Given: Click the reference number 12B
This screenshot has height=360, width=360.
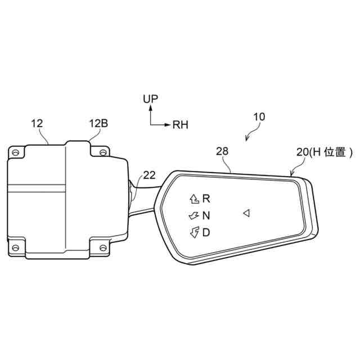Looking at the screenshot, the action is pos(98,124).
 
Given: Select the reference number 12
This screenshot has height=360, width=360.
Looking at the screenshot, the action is pos(37,124).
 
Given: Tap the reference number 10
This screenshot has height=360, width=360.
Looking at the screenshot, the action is pos(259,117).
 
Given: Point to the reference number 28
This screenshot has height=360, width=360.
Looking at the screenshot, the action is pos(222,151).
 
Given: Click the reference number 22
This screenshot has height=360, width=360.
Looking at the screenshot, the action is pos(149,175).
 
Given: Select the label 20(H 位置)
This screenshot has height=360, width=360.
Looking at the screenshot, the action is pos(325,152).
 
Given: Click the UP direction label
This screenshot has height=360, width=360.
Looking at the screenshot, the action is pos(151,99).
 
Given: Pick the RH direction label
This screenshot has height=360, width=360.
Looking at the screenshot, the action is pos(180,125).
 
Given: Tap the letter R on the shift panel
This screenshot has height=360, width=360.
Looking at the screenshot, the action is pos(206,199).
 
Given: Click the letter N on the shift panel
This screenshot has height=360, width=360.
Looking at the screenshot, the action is pos(206,215).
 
